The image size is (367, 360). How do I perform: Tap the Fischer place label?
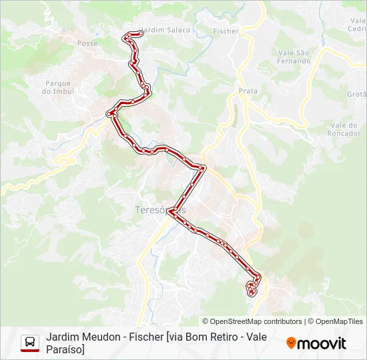coord(226,31)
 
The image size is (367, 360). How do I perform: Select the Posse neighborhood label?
coord(87,43)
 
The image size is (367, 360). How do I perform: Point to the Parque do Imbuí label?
coord(57,87)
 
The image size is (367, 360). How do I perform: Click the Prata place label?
coord(248,91)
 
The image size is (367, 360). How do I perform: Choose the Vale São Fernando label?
coord(294,57)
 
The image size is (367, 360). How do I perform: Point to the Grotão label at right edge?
coord(356,95)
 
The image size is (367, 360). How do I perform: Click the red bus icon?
coord(30,343)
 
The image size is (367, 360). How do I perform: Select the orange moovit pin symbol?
coord(291,343)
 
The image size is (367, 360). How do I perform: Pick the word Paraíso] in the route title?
coord(65,349)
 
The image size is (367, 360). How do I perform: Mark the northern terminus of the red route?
coord(139,33)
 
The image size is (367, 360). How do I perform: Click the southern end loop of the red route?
coord(252,289)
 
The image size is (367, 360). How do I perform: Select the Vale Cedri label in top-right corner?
coord(357,25)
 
